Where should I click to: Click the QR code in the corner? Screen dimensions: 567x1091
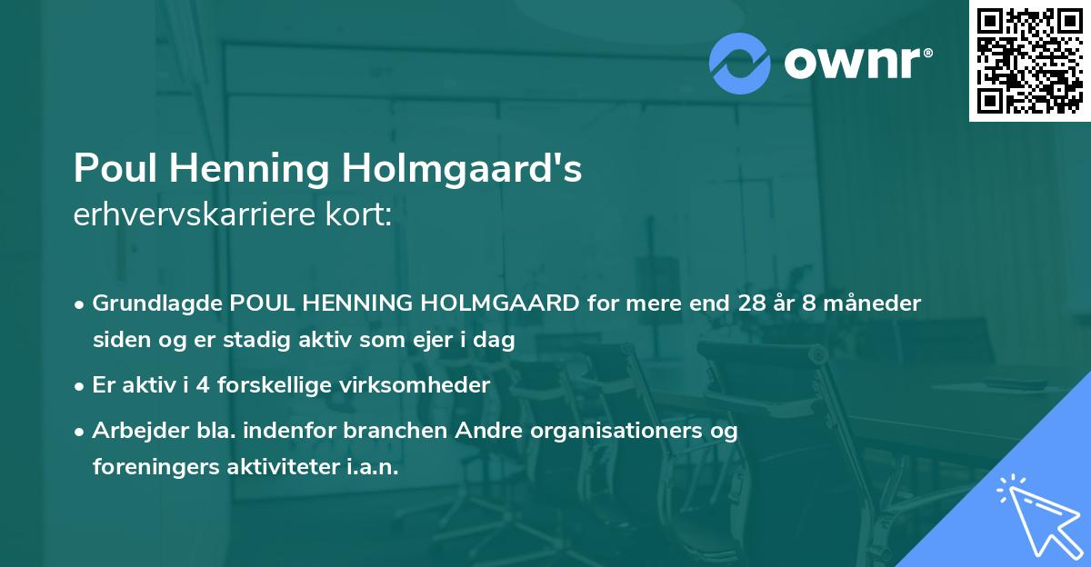[1029, 60]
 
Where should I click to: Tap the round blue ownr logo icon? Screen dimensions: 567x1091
[739, 64]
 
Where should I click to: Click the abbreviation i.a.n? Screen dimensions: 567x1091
[370, 467]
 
